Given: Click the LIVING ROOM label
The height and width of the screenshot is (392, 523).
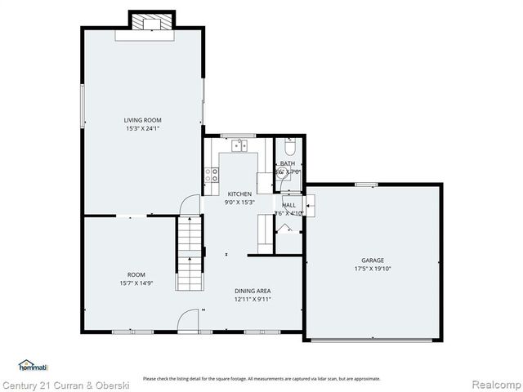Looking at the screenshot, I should coord(142,120).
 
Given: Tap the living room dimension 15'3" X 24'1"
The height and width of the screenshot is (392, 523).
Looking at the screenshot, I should coord(142,128).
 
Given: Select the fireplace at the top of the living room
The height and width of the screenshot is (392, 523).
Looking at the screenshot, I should coord(152,23).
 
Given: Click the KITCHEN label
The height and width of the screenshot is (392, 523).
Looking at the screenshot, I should coord(239,194).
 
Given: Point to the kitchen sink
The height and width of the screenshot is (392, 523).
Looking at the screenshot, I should coord(239,146).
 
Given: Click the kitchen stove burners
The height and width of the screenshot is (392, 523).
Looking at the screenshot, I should coord(212,174).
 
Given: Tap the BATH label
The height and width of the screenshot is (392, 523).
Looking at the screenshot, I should coord(288,163).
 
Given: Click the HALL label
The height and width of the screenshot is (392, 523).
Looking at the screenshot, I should coord(288,205).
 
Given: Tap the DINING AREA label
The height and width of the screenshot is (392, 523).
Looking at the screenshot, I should coord(253,291).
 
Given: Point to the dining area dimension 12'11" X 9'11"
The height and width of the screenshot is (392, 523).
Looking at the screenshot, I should coord(253,299).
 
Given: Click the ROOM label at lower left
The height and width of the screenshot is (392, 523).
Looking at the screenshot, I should coord(136,274).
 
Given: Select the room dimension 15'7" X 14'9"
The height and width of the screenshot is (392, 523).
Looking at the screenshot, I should coord(136,283).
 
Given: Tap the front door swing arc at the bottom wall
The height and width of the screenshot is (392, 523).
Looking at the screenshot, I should coord(189,320).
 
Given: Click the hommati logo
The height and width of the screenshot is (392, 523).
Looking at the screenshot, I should coord(33,366).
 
